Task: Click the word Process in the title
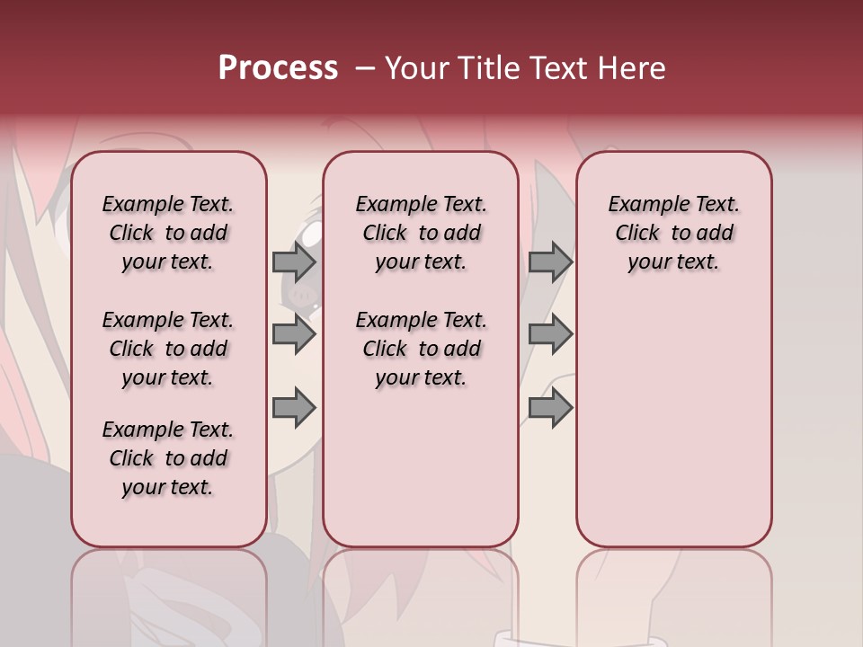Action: coord(278,68)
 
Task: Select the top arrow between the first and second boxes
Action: coord(294,261)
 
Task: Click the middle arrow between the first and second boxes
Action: coord(294,334)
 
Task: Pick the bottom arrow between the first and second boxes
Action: coord(294,407)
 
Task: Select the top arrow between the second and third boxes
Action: coord(550,261)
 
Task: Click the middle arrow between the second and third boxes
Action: coord(550,334)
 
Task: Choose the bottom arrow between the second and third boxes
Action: coord(550,407)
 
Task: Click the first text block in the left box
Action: coord(168,233)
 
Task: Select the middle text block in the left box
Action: coord(168,349)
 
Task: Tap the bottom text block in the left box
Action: coord(168,458)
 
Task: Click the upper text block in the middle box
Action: coord(421,233)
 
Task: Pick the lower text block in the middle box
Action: coord(421,349)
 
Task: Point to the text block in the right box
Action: coord(673,233)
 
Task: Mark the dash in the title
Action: coord(365,68)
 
